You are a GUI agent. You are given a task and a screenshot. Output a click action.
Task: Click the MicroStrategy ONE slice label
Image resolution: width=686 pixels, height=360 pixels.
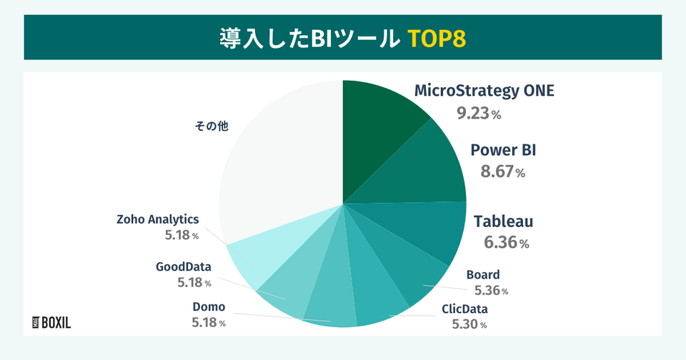point(484,91)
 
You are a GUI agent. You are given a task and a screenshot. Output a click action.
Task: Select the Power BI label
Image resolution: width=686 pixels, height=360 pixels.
point(503,151)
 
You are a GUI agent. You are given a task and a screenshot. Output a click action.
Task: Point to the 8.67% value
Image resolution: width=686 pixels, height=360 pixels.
point(503,172)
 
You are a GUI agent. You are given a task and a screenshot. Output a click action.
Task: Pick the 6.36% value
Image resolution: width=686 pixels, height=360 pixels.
point(506,243)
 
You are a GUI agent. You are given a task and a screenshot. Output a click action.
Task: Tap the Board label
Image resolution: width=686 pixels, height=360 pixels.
point(483,275)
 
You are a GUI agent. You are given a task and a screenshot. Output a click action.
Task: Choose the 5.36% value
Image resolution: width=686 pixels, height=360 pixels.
point(491,291)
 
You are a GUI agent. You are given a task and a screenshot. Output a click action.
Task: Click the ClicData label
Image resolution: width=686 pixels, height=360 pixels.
point(464,310)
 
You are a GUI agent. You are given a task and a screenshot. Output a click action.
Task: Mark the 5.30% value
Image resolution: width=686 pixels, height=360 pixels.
point(469,325)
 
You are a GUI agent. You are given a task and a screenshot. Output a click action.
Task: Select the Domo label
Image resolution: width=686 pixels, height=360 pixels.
point(209,307)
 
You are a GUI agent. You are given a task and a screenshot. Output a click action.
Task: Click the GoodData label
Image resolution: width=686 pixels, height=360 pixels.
point(184,267)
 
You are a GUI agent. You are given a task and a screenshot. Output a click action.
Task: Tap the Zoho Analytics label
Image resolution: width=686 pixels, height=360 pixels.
point(158,219)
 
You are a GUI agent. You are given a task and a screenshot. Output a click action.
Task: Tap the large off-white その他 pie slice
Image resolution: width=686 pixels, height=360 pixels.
point(279,164)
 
